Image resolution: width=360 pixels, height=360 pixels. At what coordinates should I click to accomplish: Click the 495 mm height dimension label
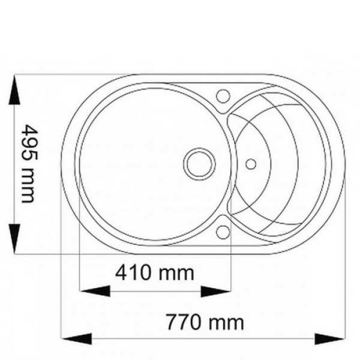pos(29,164)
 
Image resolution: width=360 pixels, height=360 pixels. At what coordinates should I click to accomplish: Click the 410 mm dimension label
pos(155,273)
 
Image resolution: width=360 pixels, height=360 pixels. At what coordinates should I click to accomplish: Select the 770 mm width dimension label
pos(205,322)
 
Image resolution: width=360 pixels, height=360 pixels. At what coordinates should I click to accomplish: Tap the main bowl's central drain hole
pos(199,164)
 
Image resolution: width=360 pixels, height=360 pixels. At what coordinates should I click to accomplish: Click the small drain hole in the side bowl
pos(251,164)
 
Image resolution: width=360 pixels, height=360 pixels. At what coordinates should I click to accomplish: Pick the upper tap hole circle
pos(223,96)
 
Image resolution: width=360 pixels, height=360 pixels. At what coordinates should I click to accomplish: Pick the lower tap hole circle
pos(223,232)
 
